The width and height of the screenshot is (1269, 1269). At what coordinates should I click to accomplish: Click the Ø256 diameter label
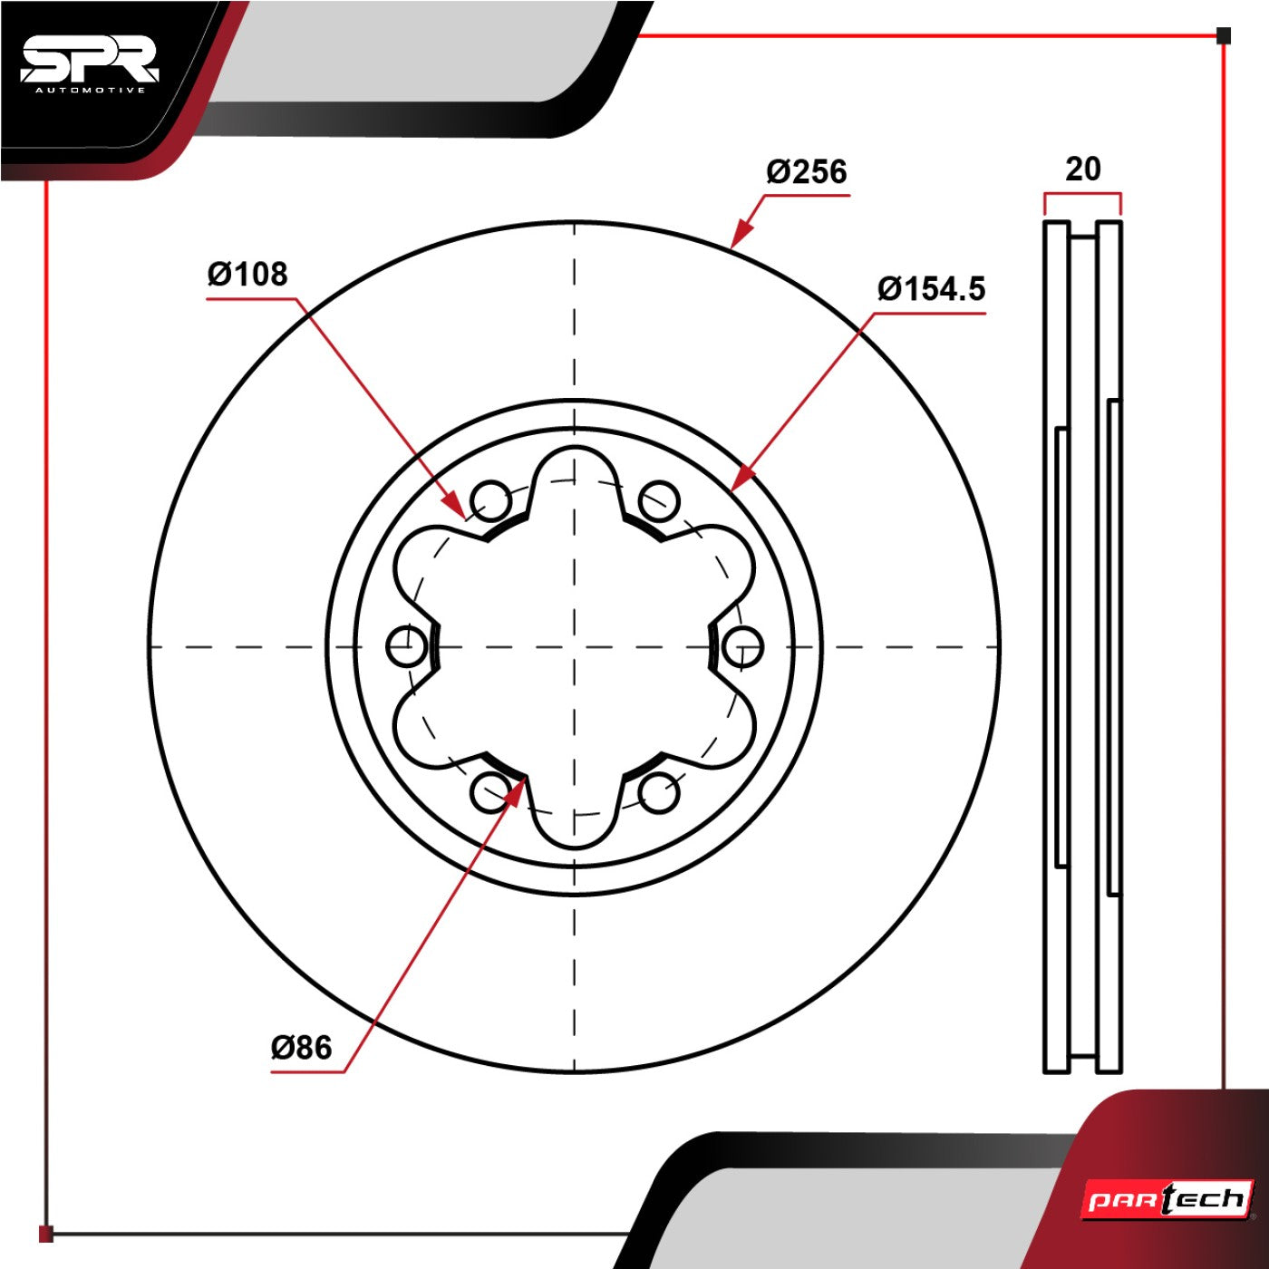(x=807, y=172)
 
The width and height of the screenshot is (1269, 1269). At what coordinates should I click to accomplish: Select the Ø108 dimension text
(x=247, y=274)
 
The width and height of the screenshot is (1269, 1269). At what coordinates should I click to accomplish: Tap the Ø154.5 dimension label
(x=931, y=289)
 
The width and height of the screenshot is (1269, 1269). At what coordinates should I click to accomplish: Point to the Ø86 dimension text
(x=302, y=1048)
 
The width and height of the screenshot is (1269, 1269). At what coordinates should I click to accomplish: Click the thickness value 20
(x=1082, y=170)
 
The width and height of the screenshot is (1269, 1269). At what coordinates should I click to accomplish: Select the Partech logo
(x=1167, y=1199)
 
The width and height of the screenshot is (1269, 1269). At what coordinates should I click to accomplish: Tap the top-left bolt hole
(x=492, y=499)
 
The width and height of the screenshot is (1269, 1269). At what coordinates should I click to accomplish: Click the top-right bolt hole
(x=659, y=500)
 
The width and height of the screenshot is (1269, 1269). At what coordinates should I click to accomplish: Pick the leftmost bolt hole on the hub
(x=407, y=646)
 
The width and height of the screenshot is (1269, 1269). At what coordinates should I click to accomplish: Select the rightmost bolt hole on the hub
(x=743, y=646)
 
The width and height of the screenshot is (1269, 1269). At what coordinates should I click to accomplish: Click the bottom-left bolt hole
(x=492, y=792)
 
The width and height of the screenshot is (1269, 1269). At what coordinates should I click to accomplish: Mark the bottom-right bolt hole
(x=659, y=792)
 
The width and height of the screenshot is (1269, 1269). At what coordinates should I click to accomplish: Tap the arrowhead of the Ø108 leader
(x=455, y=504)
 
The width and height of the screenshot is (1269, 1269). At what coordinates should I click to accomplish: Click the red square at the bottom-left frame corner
(x=46, y=1234)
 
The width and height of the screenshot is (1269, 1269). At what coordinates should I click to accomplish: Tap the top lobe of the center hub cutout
(x=576, y=449)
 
